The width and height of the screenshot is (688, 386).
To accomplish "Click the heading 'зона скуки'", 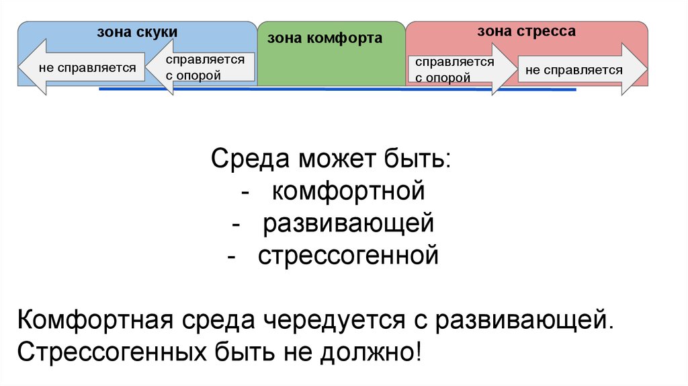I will point(137,32).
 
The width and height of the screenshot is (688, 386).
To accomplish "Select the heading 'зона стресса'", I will point(526,32).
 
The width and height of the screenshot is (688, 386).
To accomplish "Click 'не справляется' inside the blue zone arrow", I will point(87,67).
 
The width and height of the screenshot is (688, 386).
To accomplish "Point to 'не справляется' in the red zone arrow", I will point(574,69).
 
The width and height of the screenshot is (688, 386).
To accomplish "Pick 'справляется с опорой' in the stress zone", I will point(454,69).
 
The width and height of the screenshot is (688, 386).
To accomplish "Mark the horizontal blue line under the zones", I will point(336,89).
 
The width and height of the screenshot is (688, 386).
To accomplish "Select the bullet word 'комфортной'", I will point(349,191).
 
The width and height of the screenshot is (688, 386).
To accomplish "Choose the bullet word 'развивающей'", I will point(349,223).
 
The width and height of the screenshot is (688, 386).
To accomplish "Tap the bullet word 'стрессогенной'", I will point(349,256).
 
